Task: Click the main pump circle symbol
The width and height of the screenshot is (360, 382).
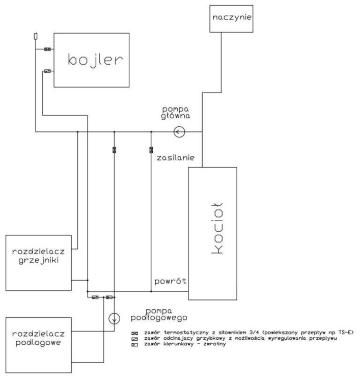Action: point(179,132)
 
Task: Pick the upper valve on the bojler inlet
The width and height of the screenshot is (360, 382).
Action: point(47,49)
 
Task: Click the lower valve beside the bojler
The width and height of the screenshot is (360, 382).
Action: point(47,72)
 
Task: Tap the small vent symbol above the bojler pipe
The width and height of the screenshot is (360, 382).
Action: point(35,36)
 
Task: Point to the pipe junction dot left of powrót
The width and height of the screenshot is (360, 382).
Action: point(151,292)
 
